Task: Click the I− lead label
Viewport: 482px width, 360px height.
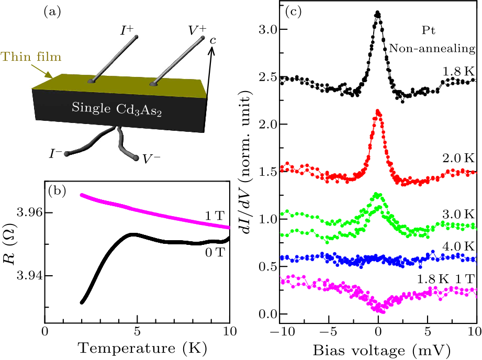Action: [55, 153]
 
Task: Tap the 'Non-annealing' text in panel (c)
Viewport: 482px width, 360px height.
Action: [432, 48]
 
